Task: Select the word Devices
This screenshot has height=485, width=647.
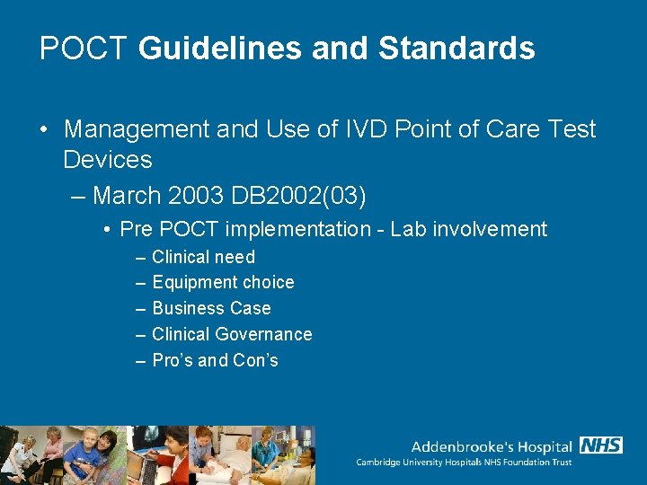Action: point(108,161)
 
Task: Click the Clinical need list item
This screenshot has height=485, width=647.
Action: point(203,258)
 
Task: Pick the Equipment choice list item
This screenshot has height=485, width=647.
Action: point(223,283)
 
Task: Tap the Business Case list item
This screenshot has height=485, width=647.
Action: point(211,309)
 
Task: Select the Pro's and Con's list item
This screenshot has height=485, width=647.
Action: point(215,361)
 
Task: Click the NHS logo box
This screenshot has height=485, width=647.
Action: point(601,445)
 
